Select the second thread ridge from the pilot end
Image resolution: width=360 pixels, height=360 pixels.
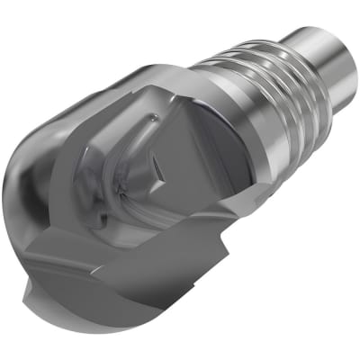[270, 60]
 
